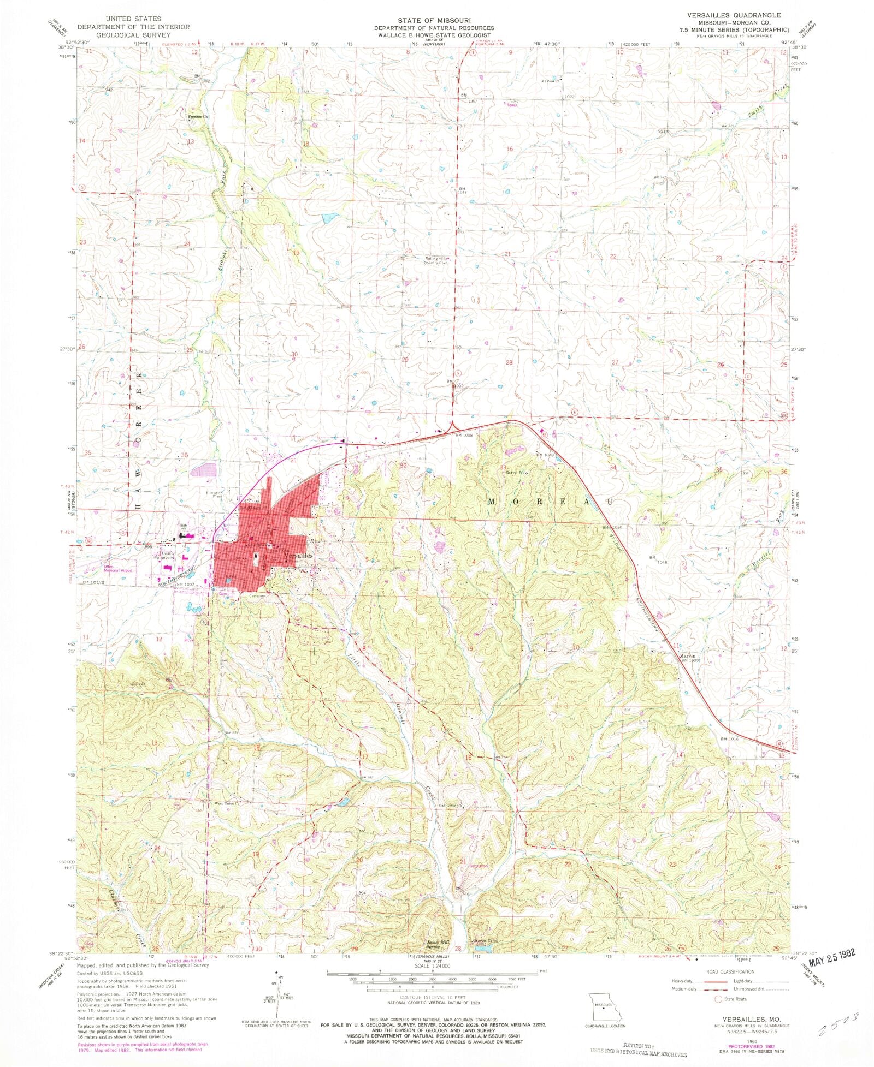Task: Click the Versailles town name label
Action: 298,555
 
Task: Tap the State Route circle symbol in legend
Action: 718,999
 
